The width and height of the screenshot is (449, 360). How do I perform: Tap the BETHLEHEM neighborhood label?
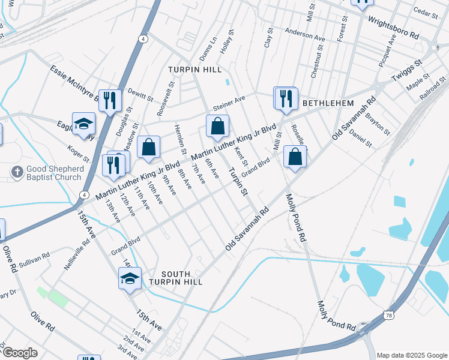click(x=328, y=103)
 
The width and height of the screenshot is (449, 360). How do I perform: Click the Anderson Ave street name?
click(x=304, y=34)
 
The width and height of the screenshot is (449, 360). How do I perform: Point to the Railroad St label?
click(x=433, y=88)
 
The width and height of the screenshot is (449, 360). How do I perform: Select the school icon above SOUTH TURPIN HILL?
click(x=130, y=278)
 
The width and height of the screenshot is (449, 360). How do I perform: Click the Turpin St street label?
click(x=238, y=182)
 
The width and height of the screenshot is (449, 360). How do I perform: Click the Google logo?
click(x=20, y=353)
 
